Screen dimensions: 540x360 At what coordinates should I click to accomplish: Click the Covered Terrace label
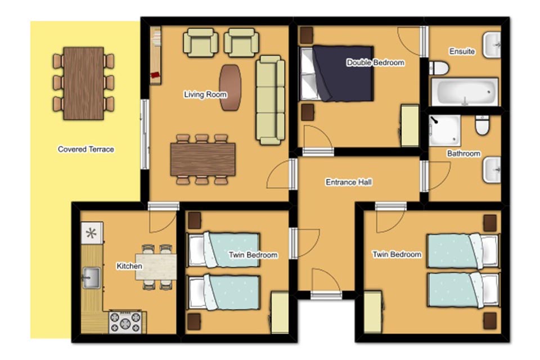(85, 149)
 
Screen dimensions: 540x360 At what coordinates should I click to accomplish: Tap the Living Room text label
(205, 94)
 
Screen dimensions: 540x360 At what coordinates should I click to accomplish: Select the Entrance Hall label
(349, 182)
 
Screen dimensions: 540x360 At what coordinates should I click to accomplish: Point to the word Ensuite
(462, 51)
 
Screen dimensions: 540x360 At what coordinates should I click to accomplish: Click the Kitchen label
(129, 266)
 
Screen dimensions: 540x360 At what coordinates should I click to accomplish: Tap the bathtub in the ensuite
(465, 92)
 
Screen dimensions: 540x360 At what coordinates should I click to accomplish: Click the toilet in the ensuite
(439, 68)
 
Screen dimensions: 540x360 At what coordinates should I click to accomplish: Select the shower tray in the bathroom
(444, 130)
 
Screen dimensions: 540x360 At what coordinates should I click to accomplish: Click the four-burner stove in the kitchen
(125, 322)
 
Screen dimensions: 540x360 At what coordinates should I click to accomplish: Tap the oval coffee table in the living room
(231, 88)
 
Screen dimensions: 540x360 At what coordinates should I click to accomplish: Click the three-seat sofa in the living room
(271, 100)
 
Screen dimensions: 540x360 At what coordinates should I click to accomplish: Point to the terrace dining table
(84, 83)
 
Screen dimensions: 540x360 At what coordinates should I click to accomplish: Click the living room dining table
(203, 159)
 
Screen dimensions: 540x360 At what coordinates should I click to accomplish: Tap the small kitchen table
(156, 267)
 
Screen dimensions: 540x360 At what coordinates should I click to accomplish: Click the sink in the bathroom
(492, 170)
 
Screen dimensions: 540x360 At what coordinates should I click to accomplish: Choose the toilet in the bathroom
(482, 125)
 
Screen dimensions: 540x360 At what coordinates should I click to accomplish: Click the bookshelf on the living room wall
(156, 56)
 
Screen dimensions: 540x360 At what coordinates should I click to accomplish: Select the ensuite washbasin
(492, 45)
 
